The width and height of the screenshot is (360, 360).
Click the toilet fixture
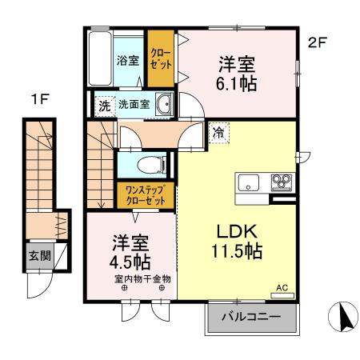coord(151,165)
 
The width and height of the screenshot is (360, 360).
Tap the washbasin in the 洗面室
coord(164,104)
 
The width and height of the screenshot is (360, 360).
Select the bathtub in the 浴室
coord(99,58)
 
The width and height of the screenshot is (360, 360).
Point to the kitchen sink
coord(248,183)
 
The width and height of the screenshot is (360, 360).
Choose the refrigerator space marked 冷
coord(218,133)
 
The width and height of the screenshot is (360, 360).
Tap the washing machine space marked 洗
coord(105,106)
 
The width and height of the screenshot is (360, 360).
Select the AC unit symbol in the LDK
coord(282,295)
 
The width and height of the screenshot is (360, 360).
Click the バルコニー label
coord(251,317)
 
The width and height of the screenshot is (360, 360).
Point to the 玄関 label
coord(40,256)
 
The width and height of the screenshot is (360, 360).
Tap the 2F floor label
coord(317,42)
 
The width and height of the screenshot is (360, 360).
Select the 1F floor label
coord(40,100)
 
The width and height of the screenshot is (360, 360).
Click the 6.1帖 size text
coord(237,84)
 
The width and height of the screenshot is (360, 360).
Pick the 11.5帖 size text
coord(237,251)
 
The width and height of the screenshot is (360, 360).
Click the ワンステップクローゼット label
coord(146,195)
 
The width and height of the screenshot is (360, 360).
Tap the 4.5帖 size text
coord(130,262)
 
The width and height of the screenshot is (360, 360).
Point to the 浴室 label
coord(128,61)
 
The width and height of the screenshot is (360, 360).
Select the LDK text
coord(237,231)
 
